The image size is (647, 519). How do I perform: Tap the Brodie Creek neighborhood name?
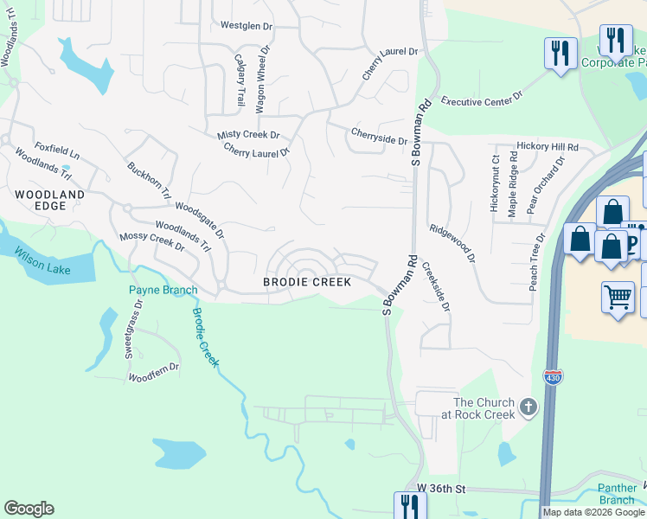point(307,282)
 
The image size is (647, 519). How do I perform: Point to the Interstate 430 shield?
point(552,377)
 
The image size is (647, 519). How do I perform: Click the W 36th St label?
point(441,489)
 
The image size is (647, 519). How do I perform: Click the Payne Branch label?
point(163,290)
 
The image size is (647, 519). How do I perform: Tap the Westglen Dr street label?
point(247,26)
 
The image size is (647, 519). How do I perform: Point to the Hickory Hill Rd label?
point(548,148)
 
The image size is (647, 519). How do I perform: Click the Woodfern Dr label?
point(153,367)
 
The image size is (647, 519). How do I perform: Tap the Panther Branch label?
point(616,494)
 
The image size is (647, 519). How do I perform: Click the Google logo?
point(29,509)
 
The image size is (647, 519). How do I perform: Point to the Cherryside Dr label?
point(379,136)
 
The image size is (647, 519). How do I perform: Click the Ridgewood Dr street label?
point(452,244)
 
